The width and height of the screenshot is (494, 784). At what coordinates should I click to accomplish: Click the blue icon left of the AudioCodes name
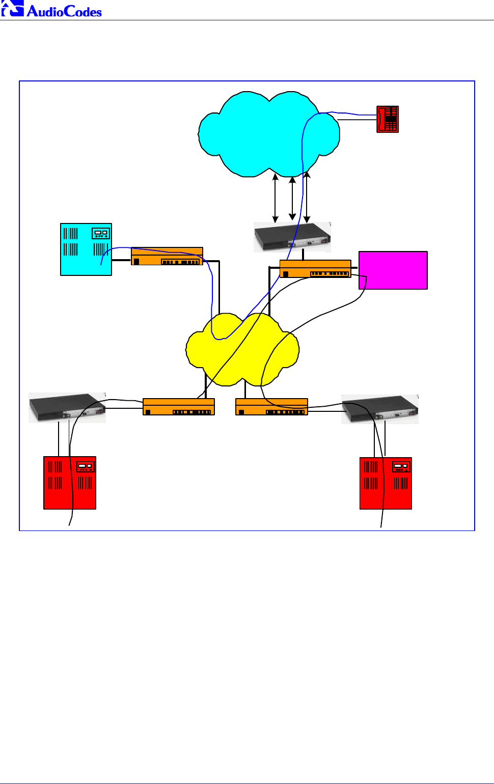pos(12,9)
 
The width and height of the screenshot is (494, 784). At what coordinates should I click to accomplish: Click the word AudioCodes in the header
pos(64,11)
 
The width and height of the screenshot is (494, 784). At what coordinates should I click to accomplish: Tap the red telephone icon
pos(387,119)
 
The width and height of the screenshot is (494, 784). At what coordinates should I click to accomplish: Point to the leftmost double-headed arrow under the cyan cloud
pos(276,199)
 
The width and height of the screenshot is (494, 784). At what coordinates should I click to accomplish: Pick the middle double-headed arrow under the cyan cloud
pos(292,199)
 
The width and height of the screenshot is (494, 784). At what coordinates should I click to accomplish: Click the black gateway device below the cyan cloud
pos(292,237)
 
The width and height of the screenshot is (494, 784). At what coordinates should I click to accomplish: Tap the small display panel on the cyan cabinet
pos(100,233)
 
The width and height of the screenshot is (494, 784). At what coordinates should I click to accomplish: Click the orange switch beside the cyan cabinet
pos(167,257)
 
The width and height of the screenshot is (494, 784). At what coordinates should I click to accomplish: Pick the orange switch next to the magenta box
pos(315,269)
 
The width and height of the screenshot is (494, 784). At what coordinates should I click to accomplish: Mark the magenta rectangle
pos(393,270)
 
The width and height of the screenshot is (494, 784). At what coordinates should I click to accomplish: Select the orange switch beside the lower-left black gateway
pos(179,407)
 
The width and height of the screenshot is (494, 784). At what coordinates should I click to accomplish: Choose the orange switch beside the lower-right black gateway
pos(271,407)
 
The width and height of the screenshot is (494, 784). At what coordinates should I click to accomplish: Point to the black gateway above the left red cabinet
pos(67,408)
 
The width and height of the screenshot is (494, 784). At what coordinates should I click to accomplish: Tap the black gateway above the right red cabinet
pos(380,409)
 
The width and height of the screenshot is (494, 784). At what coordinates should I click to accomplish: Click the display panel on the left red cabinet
pos(86,466)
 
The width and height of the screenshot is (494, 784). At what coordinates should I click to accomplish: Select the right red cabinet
pos(386,483)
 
